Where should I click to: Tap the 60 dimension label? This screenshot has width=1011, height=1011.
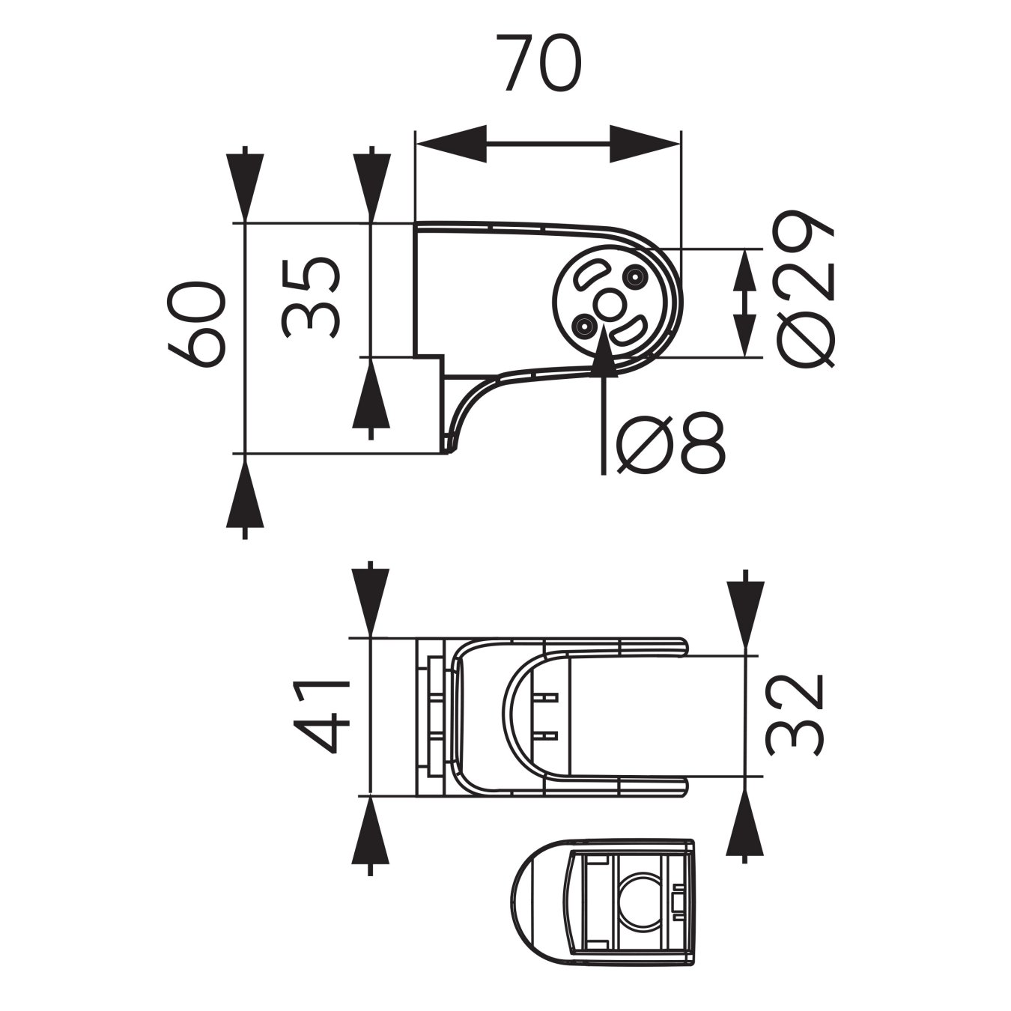click(x=196, y=324)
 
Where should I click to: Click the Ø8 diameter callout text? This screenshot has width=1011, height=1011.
click(x=671, y=442)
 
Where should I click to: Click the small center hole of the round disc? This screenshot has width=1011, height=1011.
click(x=607, y=304)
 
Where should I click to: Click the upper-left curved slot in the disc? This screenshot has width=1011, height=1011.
click(x=589, y=276)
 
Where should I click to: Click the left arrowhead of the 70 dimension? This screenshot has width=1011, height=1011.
click(x=451, y=144)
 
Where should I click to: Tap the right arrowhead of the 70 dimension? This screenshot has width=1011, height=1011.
click(x=645, y=144)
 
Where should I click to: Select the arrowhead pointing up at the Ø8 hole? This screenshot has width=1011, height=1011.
click(x=604, y=350)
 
